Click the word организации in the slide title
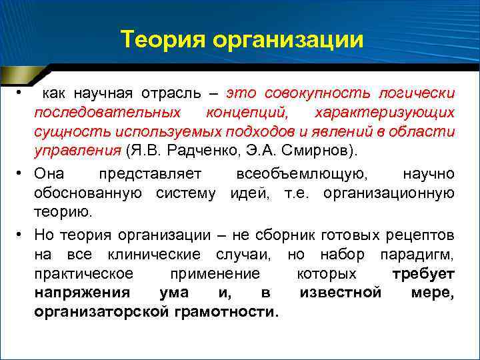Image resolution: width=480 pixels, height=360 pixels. (288, 41)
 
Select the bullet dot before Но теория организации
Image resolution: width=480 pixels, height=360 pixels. (21, 236)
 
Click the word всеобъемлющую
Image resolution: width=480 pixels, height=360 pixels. (301, 174)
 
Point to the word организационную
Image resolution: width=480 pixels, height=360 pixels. (390, 193)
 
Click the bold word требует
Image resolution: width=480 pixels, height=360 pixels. (424, 274)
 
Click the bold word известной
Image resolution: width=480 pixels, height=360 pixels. (340, 293)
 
